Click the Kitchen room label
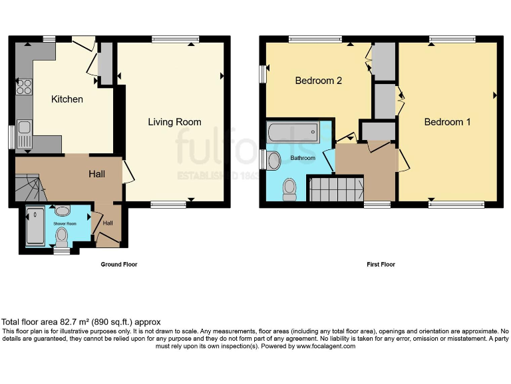(x=67, y=99)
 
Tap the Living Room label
(x=174, y=122)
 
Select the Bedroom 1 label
(x=447, y=122)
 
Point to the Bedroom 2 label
(x=318, y=81)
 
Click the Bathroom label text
(x=303, y=159)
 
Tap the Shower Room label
(x=65, y=224)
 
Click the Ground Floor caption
(x=119, y=265)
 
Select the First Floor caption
(x=381, y=265)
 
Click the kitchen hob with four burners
(x=24, y=86)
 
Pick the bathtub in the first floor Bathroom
(x=293, y=133)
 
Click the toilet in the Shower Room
(x=63, y=237)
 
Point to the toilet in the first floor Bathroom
(x=289, y=189)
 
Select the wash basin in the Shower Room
(x=63, y=211)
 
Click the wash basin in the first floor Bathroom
(x=273, y=159)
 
